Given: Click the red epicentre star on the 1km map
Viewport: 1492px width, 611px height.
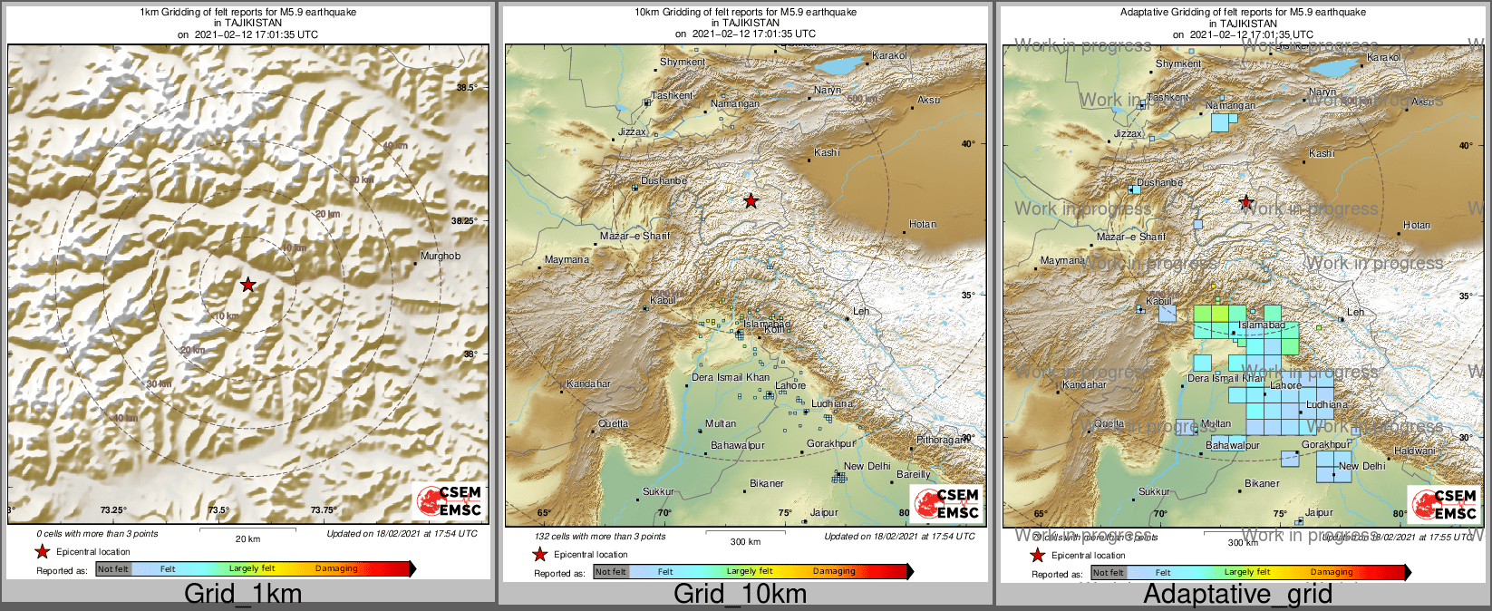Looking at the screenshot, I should point(248,285).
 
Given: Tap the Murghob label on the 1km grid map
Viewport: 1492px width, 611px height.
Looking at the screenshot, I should point(441,257).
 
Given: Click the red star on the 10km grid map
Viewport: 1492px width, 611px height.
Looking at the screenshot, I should point(751,201).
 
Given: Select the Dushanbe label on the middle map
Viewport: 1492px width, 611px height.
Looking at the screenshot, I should point(664,181).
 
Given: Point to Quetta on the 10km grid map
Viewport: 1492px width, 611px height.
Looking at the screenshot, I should point(614,424).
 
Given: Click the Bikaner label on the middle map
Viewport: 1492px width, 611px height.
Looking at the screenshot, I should point(766,484).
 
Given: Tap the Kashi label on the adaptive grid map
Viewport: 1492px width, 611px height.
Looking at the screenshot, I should point(1322,154).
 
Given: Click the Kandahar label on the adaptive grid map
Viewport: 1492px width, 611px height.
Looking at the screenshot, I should point(1084,385).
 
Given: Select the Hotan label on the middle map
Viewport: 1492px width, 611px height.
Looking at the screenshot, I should point(923,225).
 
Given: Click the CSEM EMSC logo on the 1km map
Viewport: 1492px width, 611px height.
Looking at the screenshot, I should point(450,501).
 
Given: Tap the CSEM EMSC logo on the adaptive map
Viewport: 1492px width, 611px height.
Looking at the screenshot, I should point(1445,505).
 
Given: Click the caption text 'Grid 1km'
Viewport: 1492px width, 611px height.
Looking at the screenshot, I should point(243,594).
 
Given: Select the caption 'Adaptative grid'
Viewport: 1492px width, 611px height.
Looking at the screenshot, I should point(1237,595).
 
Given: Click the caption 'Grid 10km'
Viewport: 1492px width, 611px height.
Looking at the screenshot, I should point(740,594).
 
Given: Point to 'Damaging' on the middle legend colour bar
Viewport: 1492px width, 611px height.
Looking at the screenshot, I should point(833,571).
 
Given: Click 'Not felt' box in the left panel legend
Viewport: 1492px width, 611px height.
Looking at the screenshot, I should point(113,569).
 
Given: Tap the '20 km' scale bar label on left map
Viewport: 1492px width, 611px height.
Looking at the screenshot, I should point(247,538).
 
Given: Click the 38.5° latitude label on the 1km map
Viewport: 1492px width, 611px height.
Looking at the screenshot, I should point(466,88).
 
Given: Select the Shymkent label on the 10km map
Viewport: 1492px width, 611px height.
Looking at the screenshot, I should point(682,63).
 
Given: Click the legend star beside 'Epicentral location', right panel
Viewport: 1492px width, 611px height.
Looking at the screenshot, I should point(1038,556).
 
